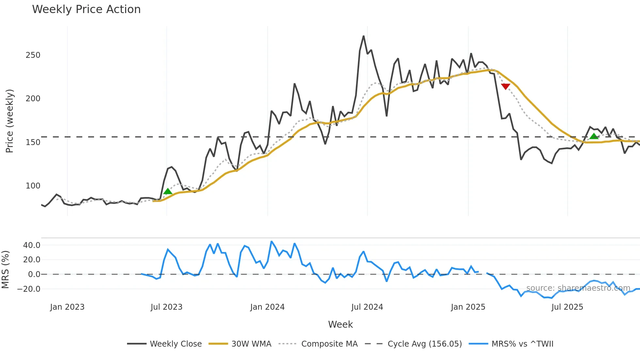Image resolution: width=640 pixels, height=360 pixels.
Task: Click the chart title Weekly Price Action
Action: (x=86, y=9)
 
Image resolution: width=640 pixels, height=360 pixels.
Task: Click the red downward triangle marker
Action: (x=505, y=87)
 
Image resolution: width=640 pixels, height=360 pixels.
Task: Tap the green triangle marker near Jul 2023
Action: (x=168, y=191)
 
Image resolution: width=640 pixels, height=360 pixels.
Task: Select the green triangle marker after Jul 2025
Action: (x=594, y=136)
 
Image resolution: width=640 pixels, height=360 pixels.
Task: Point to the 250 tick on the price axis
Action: (x=33, y=55)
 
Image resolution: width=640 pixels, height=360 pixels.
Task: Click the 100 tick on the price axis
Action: (x=33, y=186)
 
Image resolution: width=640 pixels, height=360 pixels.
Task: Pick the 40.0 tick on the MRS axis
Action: (x=32, y=245)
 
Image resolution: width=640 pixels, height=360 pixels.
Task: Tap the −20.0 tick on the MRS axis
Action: (x=29, y=289)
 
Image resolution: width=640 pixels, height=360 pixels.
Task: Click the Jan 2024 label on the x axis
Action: (x=267, y=307)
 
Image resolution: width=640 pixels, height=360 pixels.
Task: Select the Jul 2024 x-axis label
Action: (x=367, y=307)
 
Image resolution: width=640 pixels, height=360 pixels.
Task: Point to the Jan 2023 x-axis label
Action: (x=67, y=307)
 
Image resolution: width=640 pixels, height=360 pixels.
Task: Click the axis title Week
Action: (x=340, y=324)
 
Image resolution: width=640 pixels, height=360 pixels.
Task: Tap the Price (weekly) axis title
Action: (x=10, y=121)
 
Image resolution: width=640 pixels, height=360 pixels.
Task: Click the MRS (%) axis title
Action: (x=5, y=270)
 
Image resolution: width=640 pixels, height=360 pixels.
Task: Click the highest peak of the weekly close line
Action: (x=363, y=36)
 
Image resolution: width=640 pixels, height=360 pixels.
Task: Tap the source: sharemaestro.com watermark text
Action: (x=578, y=288)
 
